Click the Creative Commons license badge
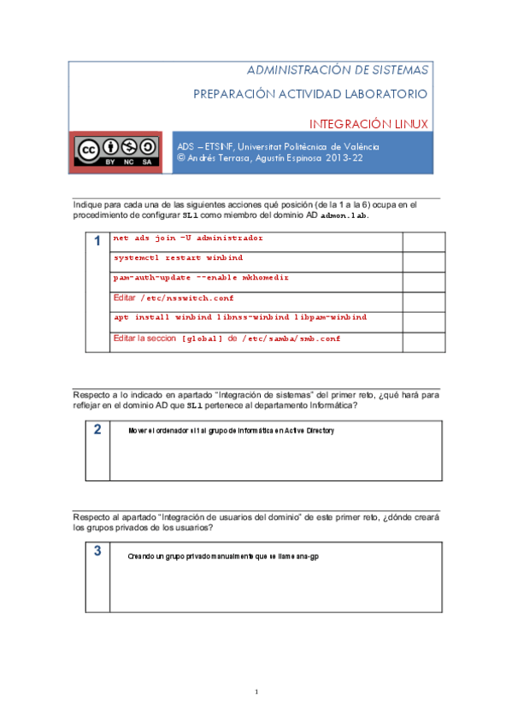point(115,150)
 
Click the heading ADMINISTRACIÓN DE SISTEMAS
point(338,69)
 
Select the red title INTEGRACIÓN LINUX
point(368,124)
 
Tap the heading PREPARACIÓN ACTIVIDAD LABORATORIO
point(311,93)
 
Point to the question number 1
point(98,243)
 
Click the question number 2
point(98,429)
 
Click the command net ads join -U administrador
point(188,239)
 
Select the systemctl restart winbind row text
point(178,257)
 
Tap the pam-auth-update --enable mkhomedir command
point(201,278)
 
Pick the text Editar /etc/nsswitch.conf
point(174,298)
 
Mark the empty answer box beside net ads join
point(422,240)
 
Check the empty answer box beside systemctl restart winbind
point(422,260)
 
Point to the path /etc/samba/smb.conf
point(291,339)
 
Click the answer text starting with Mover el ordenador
point(230,431)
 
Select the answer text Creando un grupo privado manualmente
point(223,557)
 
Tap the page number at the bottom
point(256,691)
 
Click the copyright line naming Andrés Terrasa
point(269,158)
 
